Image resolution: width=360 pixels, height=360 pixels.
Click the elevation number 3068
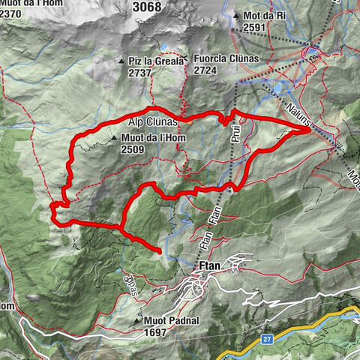pyautogui.click(x=145, y=7)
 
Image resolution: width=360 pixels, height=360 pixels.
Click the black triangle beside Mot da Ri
pyautogui.click(x=237, y=16)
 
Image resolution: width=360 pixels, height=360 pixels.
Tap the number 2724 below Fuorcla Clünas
pyautogui.click(x=207, y=70)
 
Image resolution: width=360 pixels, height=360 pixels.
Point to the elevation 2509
pyautogui.click(x=133, y=149)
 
